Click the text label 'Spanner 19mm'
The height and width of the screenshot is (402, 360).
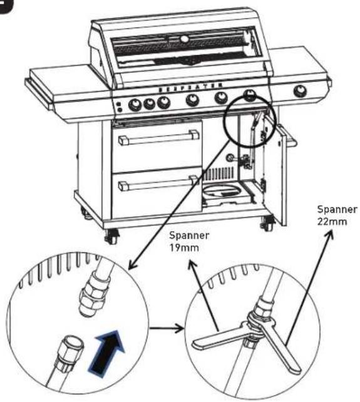[x=189, y=241]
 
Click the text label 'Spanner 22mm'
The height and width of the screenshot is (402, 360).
[x=337, y=215]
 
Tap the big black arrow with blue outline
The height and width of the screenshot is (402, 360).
[x=107, y=354]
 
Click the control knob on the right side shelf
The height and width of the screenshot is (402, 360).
[x=300, y=91]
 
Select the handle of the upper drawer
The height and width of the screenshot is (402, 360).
[x=159, y=137]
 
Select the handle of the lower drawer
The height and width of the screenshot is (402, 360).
[x=158, y=182]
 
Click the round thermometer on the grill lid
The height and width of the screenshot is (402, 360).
[x=184, y=39]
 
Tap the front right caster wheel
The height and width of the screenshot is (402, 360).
[x=267, y=222]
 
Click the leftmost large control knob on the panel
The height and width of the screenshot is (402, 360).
[x=135, y=104]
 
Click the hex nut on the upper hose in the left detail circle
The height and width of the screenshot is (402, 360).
[x=93, y=292]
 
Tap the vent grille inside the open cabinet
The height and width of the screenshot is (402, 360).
[x=219, y=173]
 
